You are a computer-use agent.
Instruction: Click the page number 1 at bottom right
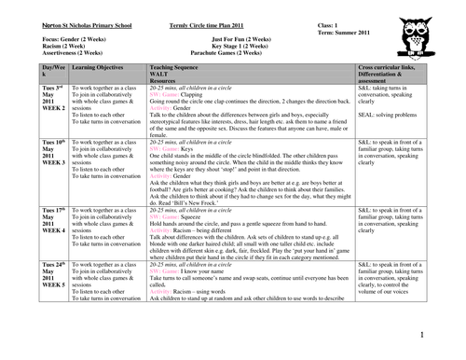pos(421,334)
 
